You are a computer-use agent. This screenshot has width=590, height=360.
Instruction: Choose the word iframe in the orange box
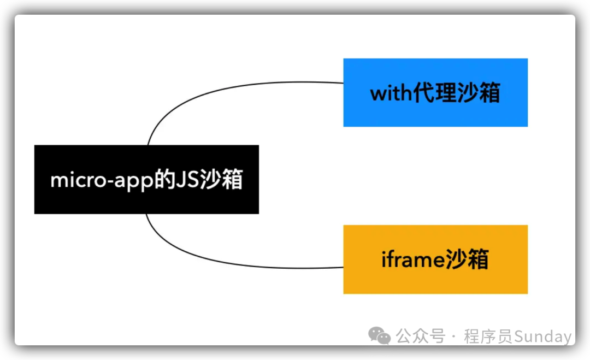[x=413, y=259]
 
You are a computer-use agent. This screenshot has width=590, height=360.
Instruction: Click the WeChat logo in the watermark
[x=379, y=336]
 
